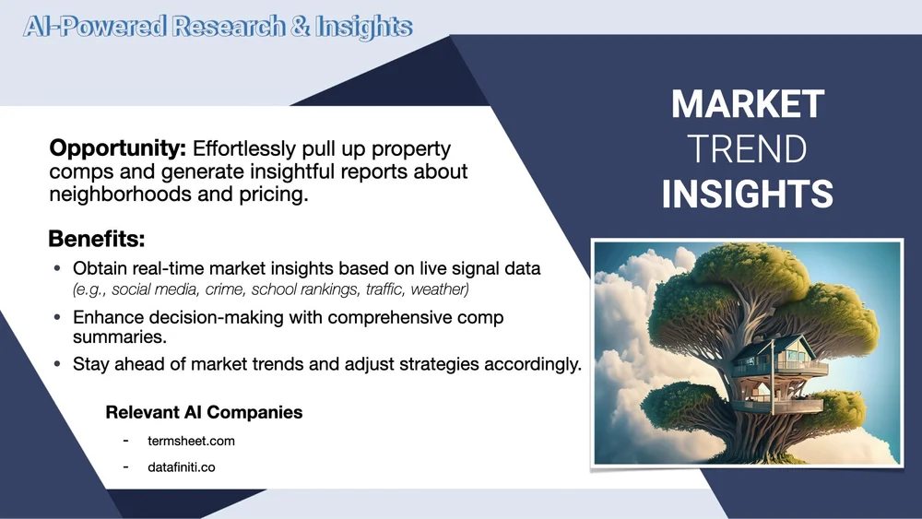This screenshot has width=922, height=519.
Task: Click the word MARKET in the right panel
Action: [x=748, y=104]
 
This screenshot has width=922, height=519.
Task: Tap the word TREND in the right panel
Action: [x=747, y=149]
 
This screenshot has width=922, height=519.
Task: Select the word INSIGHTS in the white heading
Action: [x=748, y=194]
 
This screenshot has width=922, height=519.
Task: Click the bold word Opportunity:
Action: [x=118, y=148]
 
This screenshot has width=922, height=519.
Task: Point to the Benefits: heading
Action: [x=97, y=239]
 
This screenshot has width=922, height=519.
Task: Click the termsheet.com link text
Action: [x=191, y=441]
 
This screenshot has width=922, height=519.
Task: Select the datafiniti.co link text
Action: [x=181, y=467]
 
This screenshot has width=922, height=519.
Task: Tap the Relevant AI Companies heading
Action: [x=204, y=412]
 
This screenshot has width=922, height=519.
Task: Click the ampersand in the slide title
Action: [x=300, y=27]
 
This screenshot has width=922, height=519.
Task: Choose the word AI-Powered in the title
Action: [x=95, y=27]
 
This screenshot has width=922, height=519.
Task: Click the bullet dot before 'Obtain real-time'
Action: [x=57, y=268]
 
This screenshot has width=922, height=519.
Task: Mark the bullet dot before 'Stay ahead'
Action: [x=57, y=364]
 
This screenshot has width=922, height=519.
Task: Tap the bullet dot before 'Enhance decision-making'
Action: [x=57, y=317]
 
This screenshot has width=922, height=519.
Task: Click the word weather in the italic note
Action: [x=439, y=289]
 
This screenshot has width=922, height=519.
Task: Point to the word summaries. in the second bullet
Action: [x=120, y=336]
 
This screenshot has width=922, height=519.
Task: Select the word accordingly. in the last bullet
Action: [x=533, y=364]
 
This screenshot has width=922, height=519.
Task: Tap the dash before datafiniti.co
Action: [x=125, y=466]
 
